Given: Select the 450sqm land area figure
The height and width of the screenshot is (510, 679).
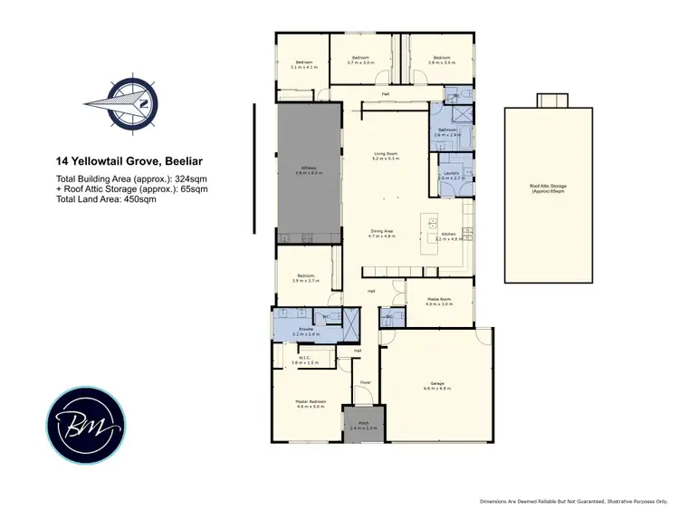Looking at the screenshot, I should [141, 199].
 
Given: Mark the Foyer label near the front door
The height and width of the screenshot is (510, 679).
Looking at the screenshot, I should [366, 381].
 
